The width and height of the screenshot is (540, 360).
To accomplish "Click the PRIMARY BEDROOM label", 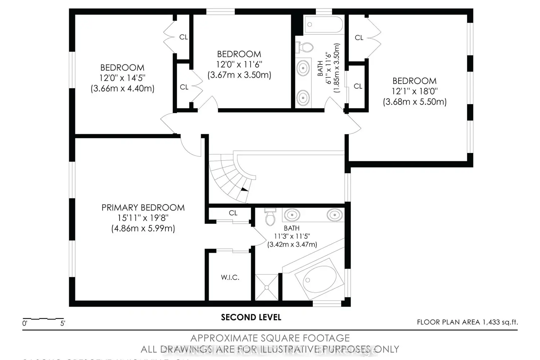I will tap(143, 208).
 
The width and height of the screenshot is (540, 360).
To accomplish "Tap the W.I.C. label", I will tap(230, 278).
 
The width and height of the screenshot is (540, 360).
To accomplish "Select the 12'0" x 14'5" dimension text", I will tap(122, 78).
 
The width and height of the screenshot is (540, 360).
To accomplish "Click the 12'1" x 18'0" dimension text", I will tap(414, 91).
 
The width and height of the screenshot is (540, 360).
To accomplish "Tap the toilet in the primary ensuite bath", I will tap(269, 216).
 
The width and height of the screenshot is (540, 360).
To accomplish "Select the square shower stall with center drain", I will tap(267, 287).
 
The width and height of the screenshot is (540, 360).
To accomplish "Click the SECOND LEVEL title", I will tap(251, 317).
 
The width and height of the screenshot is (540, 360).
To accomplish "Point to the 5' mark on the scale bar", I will tap(63, 323).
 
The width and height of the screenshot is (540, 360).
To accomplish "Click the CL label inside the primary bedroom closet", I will tap(233, 213).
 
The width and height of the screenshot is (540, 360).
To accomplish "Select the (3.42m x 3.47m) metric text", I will tap(292, 244).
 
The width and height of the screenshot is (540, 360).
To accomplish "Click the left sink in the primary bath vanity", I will tap(292, 215).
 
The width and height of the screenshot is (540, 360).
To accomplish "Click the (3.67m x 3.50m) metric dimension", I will tap(239, 75).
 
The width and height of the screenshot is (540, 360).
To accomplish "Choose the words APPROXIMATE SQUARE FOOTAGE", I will tap(270, 338).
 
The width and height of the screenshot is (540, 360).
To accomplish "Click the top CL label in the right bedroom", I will tap(359, 37).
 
